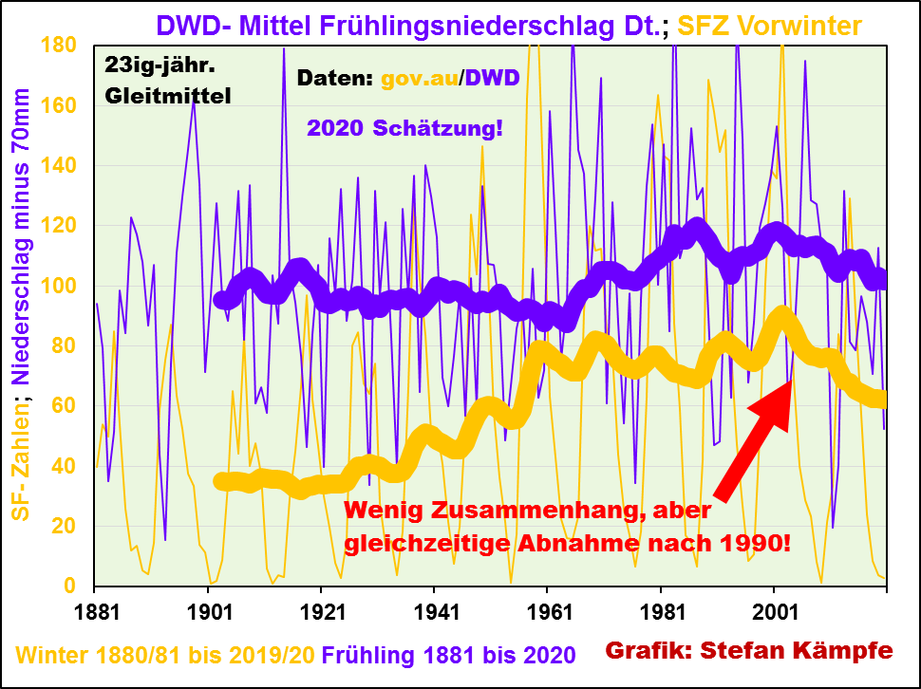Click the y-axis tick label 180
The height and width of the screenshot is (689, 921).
click(x=61, y=45)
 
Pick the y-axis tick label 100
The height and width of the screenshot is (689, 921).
click(x=61, y=286)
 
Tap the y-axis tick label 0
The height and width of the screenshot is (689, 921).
click(x=75, y=587)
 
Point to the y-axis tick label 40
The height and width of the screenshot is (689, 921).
click(x=66, y=466)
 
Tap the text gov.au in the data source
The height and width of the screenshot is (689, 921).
click(x=419, y=78)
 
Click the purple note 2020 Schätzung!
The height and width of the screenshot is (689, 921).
click(x=404, y=127)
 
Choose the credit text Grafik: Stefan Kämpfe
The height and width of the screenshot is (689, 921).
click(x=749, y=651)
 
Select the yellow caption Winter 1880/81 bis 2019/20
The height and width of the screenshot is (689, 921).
click(x=165, y=654)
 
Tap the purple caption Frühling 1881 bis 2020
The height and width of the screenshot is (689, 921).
click(x=448, y=654)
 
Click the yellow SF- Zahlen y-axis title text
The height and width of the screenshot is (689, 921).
click(x=20, y=458)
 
